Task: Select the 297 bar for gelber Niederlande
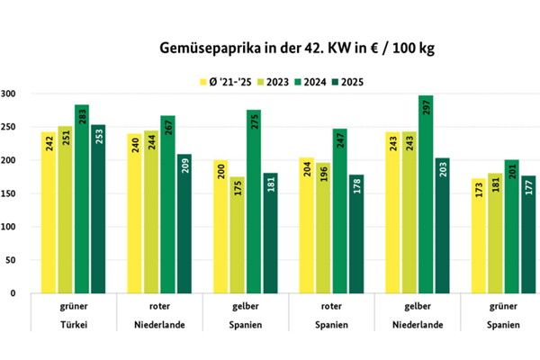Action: pos(427,193)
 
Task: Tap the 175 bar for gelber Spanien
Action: pos(237,234)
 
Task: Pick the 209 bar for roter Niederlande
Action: pos(184,223)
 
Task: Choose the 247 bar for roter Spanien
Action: pos(341,211)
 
